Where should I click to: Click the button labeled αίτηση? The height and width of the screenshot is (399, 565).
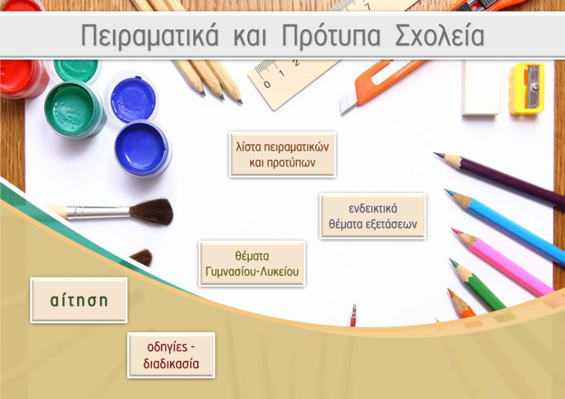click(x=79, y=300)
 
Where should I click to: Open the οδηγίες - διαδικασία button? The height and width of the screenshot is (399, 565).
click(x=171, y=355)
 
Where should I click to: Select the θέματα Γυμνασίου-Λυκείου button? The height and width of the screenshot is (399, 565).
click(x=252, y=264)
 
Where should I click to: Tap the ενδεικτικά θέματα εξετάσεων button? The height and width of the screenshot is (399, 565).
click(x=372, y=216)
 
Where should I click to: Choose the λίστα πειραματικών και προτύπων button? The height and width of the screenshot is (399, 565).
click(x=282, y=155)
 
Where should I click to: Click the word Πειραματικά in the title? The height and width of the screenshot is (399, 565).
click(x=150, y=36)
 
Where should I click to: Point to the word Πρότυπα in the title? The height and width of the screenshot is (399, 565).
click(x=331, y=36)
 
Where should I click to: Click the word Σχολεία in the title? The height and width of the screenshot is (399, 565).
click(x=440, y=35)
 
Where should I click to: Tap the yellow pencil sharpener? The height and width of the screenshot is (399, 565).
click(x=526, y=89)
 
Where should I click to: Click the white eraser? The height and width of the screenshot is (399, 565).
click(x=481, y=88)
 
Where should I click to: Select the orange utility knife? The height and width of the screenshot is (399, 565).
click(x=382, y=84)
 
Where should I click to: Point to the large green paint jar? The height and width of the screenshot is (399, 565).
click(x=74, y=109)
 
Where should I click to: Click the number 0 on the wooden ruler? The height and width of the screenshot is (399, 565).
click(x=266, y=84)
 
